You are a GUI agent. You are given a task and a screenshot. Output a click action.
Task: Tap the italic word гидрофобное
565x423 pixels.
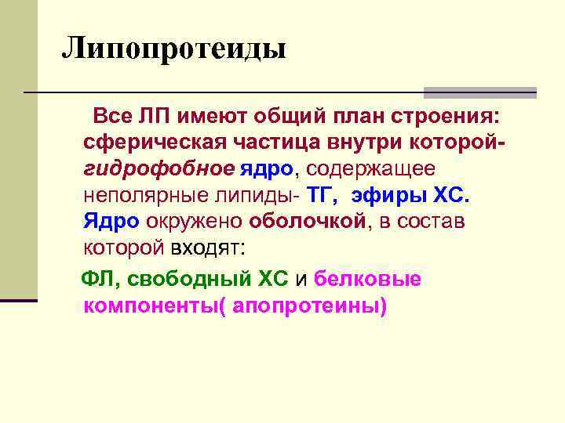158,168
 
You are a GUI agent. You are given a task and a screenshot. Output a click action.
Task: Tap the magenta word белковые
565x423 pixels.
367,279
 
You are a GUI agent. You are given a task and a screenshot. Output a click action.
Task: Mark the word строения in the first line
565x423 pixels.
439,117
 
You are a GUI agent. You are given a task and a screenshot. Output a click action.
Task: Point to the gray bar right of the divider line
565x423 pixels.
479,92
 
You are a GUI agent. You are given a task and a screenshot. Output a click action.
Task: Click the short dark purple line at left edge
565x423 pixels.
19,299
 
